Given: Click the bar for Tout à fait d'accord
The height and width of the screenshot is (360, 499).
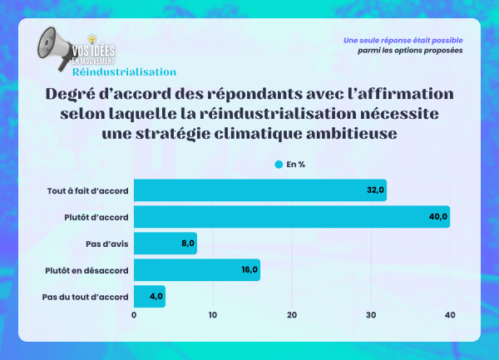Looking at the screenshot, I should pos(259,190).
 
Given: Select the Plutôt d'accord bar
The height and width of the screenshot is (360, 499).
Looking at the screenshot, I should pos(291,217).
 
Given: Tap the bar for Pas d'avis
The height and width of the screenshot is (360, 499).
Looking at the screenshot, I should pos(165,244).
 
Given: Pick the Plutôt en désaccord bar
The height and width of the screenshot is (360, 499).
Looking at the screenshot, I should pos(196,270).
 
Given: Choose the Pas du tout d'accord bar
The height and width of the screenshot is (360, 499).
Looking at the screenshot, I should pos(150,296).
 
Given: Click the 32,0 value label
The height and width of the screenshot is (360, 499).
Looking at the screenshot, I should pos(375,190).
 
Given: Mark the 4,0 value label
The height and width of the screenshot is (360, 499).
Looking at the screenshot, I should pos(155,296).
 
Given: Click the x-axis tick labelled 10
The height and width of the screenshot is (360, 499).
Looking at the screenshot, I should pos(213,315).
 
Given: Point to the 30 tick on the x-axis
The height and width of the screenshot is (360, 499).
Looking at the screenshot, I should pos(371,315).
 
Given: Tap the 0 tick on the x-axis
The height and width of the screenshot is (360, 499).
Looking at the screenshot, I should pos(134,315).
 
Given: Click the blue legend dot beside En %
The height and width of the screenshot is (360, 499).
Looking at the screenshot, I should pos(279,164).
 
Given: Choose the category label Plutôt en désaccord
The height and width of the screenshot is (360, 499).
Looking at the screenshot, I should pos(86,270).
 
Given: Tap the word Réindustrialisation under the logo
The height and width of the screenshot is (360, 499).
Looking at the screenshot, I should pos(124,72).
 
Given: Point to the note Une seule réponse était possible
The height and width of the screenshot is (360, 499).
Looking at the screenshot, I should pos(403,40).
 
